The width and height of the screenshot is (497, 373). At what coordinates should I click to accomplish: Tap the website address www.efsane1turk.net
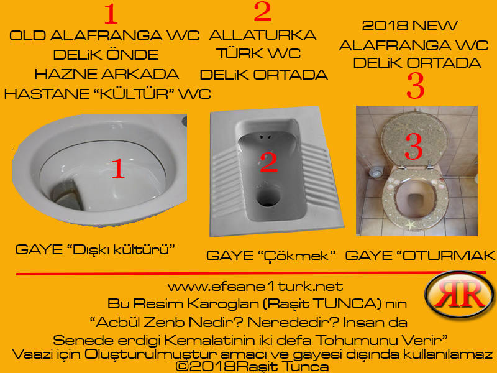point(255,287)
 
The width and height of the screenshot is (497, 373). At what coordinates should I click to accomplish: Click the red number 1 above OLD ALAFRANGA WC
point(111,14)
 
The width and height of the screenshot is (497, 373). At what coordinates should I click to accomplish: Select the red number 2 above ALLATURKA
point(262,12)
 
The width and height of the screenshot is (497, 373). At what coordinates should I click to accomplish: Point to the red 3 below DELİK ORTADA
point(416,86)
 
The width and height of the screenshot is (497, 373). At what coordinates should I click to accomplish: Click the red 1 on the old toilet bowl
point(118,168)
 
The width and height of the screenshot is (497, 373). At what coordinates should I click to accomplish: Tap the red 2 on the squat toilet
point(269,162)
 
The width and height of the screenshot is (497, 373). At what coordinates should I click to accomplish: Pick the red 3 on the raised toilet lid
point(414,146)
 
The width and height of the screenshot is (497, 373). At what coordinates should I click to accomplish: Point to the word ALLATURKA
point(262,35)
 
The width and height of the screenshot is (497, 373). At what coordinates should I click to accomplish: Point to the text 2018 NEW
point(410,25)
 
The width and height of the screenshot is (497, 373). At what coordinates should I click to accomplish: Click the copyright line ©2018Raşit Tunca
point(252,367)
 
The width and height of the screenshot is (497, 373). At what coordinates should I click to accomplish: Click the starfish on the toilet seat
point(411,225)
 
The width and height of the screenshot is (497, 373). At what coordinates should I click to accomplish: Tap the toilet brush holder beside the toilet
point(376,173)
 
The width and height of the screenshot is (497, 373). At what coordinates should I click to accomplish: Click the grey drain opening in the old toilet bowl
point(66,195)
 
